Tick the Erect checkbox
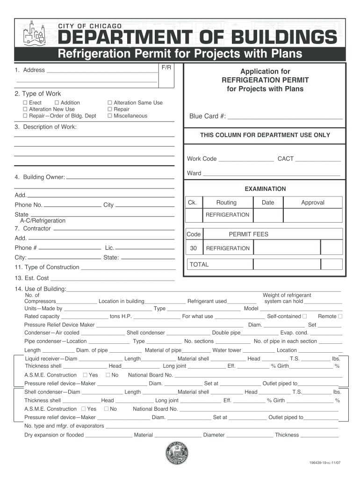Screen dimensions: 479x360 tap(25, 103)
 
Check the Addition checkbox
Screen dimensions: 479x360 tap(57, 103)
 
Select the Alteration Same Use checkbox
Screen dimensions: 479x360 tap(110, 103)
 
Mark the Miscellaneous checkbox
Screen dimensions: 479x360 tap(110, 116)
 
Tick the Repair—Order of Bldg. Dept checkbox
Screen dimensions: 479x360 tap(25, 116)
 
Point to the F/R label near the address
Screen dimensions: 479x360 tap(166, 68)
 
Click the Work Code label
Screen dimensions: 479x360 tap(202, 159)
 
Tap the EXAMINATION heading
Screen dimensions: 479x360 tap(265, 189)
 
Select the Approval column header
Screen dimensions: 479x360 tap(313, 203)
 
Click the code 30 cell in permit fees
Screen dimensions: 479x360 tap(194, 248)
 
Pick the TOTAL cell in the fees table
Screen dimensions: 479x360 tap(199, 264)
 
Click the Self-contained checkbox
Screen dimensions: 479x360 tap(304, 316)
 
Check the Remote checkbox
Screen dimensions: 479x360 tap(340, 316)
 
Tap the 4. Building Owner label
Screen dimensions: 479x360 tap(40, 177)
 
